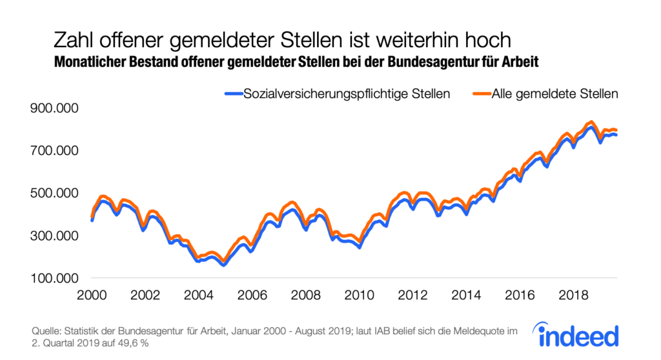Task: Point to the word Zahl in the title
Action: click(x=74, y=40)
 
